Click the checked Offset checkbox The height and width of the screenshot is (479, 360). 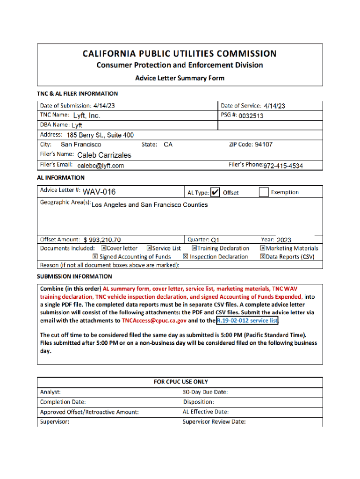click(216, 192)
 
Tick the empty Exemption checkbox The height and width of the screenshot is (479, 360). click(264, 192)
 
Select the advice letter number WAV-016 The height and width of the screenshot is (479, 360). click(99, 192)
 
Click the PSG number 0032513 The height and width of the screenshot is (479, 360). click(251, 116)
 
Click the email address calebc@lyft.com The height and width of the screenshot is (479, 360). click(101, 166)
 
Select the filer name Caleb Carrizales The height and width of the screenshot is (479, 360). click(104, 155)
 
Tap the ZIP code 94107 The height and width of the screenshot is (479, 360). click(263, 145)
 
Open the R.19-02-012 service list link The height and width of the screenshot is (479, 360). click(247, 321)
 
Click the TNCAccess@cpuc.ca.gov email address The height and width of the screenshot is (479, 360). click(154, 321)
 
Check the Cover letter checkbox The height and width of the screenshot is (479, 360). click(104, 248)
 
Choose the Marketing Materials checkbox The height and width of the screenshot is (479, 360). click(263, 248)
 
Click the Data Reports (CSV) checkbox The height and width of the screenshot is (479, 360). click(263, 256)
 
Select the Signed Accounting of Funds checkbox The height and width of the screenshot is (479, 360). click(95, 256)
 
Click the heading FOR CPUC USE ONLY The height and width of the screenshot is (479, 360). click(180, 382)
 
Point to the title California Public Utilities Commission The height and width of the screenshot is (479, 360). click(180, 54)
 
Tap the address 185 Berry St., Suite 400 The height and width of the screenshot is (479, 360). click(100, 135)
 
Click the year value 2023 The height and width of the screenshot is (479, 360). click(284, 240)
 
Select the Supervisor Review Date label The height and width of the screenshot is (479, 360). click(214, 422)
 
